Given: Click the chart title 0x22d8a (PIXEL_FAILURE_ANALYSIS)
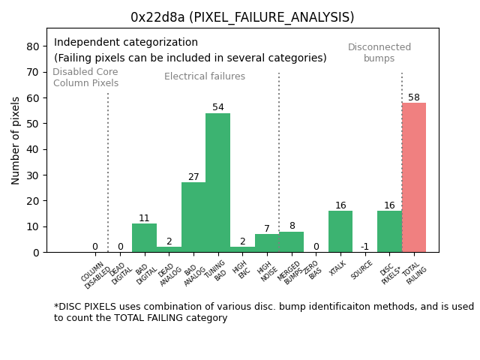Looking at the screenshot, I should [x=242, y=17].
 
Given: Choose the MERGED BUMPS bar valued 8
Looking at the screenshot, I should [x=291, y=241].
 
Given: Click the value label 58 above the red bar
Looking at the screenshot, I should [x=414, y=97].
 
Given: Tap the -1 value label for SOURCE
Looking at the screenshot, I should [x=364, y=247].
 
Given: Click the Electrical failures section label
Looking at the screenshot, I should [x=205, y=76].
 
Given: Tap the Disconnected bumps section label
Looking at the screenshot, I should [x=379, y=53].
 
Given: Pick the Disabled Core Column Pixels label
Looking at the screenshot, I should [x=85, y=78].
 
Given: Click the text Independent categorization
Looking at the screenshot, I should [x=126, y=43].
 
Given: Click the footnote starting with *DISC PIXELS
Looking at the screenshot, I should [x=263, y=312].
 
